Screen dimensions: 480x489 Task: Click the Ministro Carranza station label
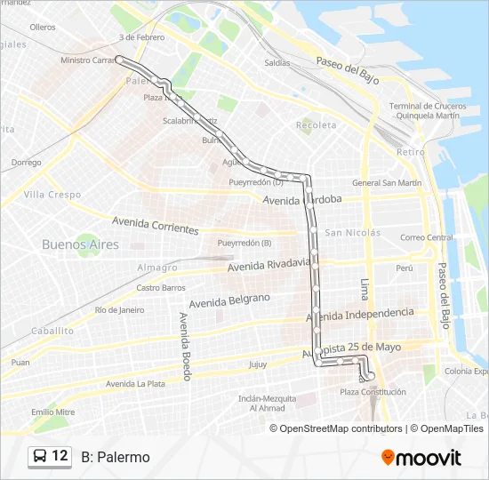click(88, 60)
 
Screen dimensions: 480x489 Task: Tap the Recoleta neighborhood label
click(317, 125)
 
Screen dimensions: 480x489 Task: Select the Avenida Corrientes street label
click(155, 226)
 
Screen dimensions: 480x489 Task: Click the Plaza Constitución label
click(373, 391)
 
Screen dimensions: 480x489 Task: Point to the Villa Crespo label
click(52, 194)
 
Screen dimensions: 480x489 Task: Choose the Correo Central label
click(427, 237)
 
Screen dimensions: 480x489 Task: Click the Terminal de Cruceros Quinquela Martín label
click(424, 110)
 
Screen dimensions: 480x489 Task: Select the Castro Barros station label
click(161, 287)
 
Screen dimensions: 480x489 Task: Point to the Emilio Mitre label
click(53, 412)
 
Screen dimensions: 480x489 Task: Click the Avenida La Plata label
click(135, 383)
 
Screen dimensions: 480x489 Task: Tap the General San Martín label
click(386, 182)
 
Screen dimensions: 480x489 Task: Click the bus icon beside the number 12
click(40, 457)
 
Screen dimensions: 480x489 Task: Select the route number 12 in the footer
click(60, 456)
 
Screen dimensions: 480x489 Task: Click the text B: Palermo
click(116, 457)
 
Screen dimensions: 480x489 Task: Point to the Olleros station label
click(42, 28)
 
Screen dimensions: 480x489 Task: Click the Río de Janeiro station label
click(119, 309)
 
